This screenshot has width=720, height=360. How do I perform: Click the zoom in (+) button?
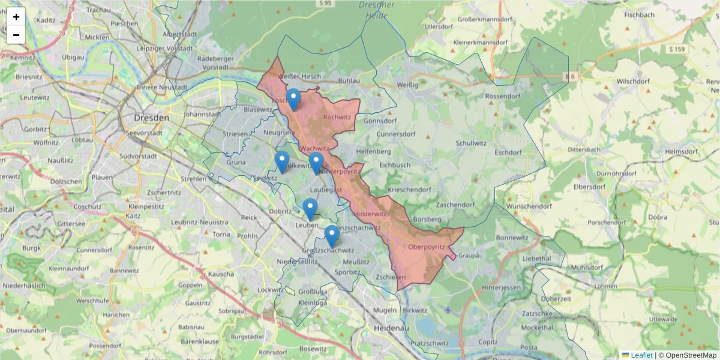16,17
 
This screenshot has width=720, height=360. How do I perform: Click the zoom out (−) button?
16,35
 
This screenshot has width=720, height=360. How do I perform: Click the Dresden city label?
152,118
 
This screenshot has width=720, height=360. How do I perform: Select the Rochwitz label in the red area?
337,118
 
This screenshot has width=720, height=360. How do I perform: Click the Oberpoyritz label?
425,247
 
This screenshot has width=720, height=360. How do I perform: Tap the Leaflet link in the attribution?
641,355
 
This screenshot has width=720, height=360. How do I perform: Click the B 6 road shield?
569,76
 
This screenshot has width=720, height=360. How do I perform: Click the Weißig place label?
407,85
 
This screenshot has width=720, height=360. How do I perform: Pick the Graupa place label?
469,256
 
